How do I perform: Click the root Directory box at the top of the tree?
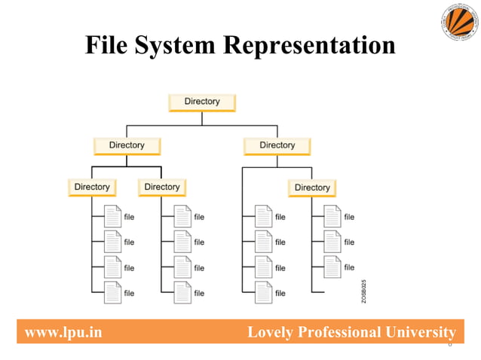(x=202, y=102)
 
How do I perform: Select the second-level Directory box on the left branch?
(x=127, y=145)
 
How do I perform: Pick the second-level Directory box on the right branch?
(x=277, y=145)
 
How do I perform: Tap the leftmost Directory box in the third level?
(x=92, y=187)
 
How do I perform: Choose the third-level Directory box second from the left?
(x=162, y=187)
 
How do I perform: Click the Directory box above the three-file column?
(x=312, y=188)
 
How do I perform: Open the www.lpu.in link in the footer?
(x=63, y=332)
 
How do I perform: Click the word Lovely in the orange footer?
(x=273, y=332)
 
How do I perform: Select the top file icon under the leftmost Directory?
(x=112, y=217)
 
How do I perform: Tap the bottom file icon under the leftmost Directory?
(x=112, y=292)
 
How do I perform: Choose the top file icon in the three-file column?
(x=332, y=217)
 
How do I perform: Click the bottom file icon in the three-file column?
(x=332, y=267)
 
